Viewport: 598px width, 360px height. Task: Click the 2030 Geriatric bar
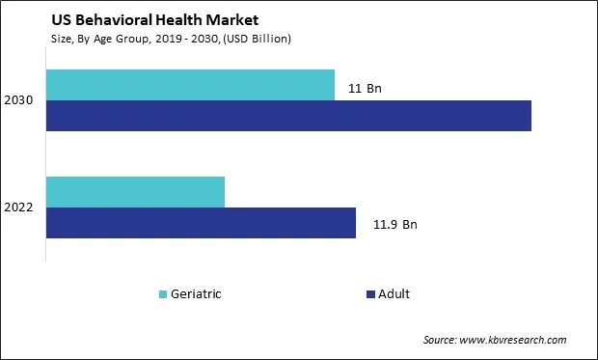click(190, 85)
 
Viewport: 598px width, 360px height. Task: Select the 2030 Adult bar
click(288, 116)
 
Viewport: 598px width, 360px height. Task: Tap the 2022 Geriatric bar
click(135, 192)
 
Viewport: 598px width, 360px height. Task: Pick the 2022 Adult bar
click(201, 223)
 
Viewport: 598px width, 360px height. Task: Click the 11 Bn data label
click(364, 89)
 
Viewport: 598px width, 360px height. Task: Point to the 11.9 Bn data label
click(394, 225)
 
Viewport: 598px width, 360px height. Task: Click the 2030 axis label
click(20, 100)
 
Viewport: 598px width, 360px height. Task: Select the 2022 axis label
click(20, 208)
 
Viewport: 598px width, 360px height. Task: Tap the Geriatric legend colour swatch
click(161, 293)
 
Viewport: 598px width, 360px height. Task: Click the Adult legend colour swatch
click(371, 293)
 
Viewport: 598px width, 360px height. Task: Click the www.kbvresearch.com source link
click(516, 341)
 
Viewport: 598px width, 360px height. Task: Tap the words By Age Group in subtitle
click(107, 39)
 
